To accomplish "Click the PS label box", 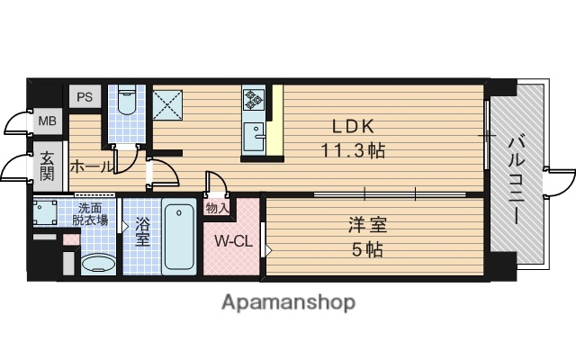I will (x=84, y=97).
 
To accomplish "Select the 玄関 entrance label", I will (x=46, y=166).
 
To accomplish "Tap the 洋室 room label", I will (x=367, y=225).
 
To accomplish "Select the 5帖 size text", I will (x=367, y=249).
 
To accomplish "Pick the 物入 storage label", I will (x=217, y=207).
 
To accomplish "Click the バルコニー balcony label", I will (x=517, y=178).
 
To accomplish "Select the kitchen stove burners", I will (x=252, y=100).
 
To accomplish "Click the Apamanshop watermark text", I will (x=288, y=302).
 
